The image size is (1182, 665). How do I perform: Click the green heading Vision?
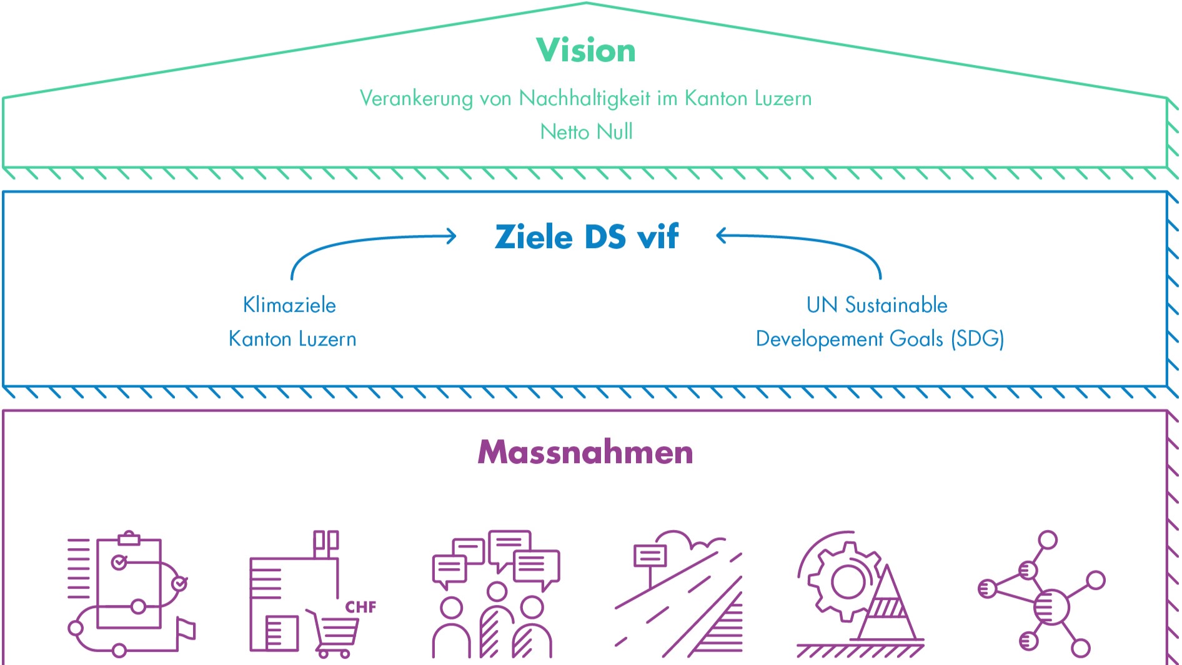586,51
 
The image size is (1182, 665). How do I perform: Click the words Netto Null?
586,132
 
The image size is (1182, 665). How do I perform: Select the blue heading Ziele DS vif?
586,237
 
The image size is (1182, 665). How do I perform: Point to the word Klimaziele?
289,305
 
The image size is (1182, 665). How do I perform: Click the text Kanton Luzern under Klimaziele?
292,339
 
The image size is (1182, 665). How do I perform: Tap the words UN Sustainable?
877,305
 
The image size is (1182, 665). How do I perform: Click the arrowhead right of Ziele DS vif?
722,236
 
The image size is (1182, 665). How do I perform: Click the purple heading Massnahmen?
585,452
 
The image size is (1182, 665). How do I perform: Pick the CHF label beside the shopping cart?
360,607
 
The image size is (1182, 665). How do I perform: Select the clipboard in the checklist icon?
129,581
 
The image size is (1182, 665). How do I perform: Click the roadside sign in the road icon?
650,556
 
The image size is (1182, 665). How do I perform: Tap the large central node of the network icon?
1051,606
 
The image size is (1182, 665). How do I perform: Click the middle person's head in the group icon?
497,591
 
